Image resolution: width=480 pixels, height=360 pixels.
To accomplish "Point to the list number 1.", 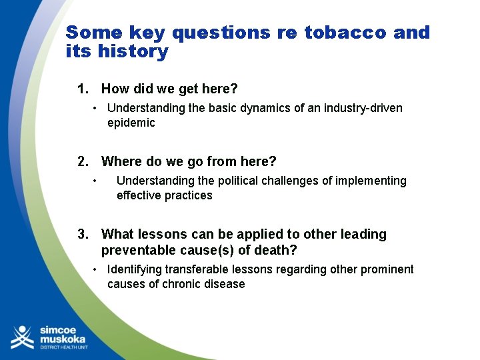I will click(x=83, y=89).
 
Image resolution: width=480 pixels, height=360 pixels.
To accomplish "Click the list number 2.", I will click(x=83, y=161).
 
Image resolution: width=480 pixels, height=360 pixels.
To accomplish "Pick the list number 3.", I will click(x=83, y=234).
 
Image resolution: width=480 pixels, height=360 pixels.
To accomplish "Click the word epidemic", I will click(x=131, y=123).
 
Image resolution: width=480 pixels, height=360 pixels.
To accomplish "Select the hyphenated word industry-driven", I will click(x=361, y=108).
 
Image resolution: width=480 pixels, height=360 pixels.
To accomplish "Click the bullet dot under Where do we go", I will click(x=96, y=181).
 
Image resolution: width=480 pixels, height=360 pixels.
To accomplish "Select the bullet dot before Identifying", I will click(x=96, y=269).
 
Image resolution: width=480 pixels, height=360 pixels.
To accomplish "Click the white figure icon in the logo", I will click(x=22, y=337).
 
